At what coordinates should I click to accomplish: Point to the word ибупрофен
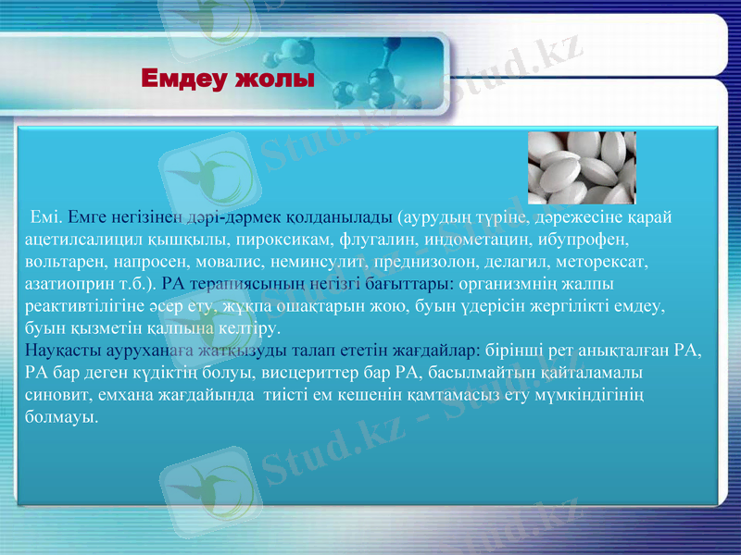574,240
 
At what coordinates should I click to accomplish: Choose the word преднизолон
413,262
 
